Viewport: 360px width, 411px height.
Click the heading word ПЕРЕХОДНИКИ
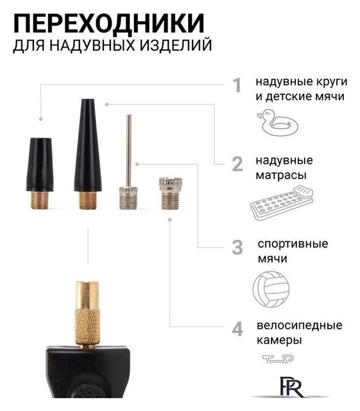click(x=109, y=24)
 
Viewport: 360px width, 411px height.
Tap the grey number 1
click(x=237, y=85)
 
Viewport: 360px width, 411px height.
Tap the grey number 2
click(x=237, y=165)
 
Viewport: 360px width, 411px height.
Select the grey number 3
click(x=237, y=247)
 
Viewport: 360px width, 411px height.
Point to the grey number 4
click(x=237, y=329)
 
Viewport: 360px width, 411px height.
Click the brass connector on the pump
click(x=87, y=311)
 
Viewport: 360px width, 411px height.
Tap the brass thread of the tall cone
click(x=87, y=198)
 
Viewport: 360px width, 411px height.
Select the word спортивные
click(x=293, y=244)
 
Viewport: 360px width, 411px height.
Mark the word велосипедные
click(x=298, y=326)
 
